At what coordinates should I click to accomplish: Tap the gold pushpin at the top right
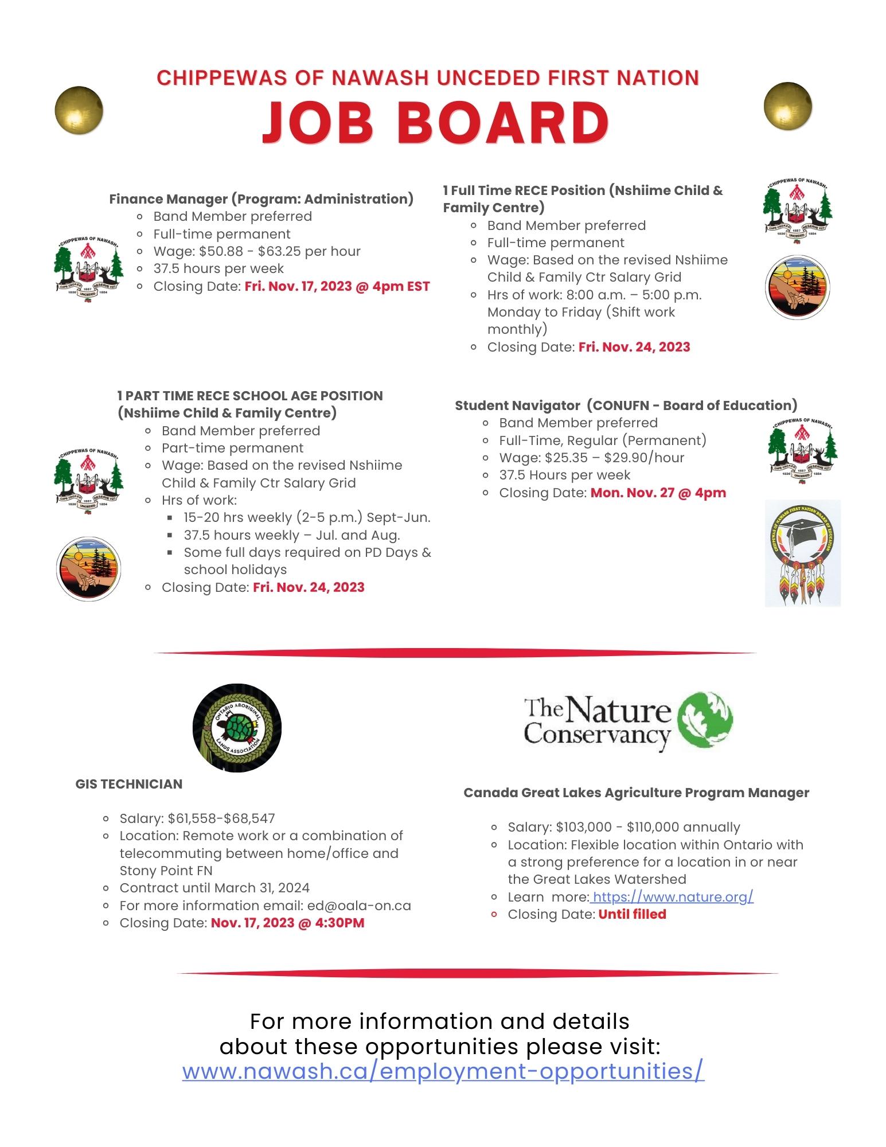(788, 106)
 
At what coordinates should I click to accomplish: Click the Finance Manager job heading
(261, 199)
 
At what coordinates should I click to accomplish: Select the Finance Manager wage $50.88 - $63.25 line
(257, 251)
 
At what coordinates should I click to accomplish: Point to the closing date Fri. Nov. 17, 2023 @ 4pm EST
(337, 286)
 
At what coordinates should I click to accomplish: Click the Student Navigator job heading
(626, 405)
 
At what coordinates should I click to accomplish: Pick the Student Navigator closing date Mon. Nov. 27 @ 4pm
(658, 493)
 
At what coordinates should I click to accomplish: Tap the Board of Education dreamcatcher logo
(802, 553)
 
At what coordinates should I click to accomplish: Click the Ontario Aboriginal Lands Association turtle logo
(237, 727)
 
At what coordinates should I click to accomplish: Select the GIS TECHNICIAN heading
(129, 784)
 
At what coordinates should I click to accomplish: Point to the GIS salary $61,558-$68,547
(221, 818)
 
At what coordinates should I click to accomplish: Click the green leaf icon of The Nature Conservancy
(705, 719)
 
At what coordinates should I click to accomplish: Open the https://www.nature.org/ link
(673, 896)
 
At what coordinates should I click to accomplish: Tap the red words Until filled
(632, 914)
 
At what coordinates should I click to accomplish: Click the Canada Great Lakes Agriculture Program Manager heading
(636, 793)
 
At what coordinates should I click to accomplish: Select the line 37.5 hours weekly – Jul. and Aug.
(292, 535)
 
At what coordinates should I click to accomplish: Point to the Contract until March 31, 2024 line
(214, 888)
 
